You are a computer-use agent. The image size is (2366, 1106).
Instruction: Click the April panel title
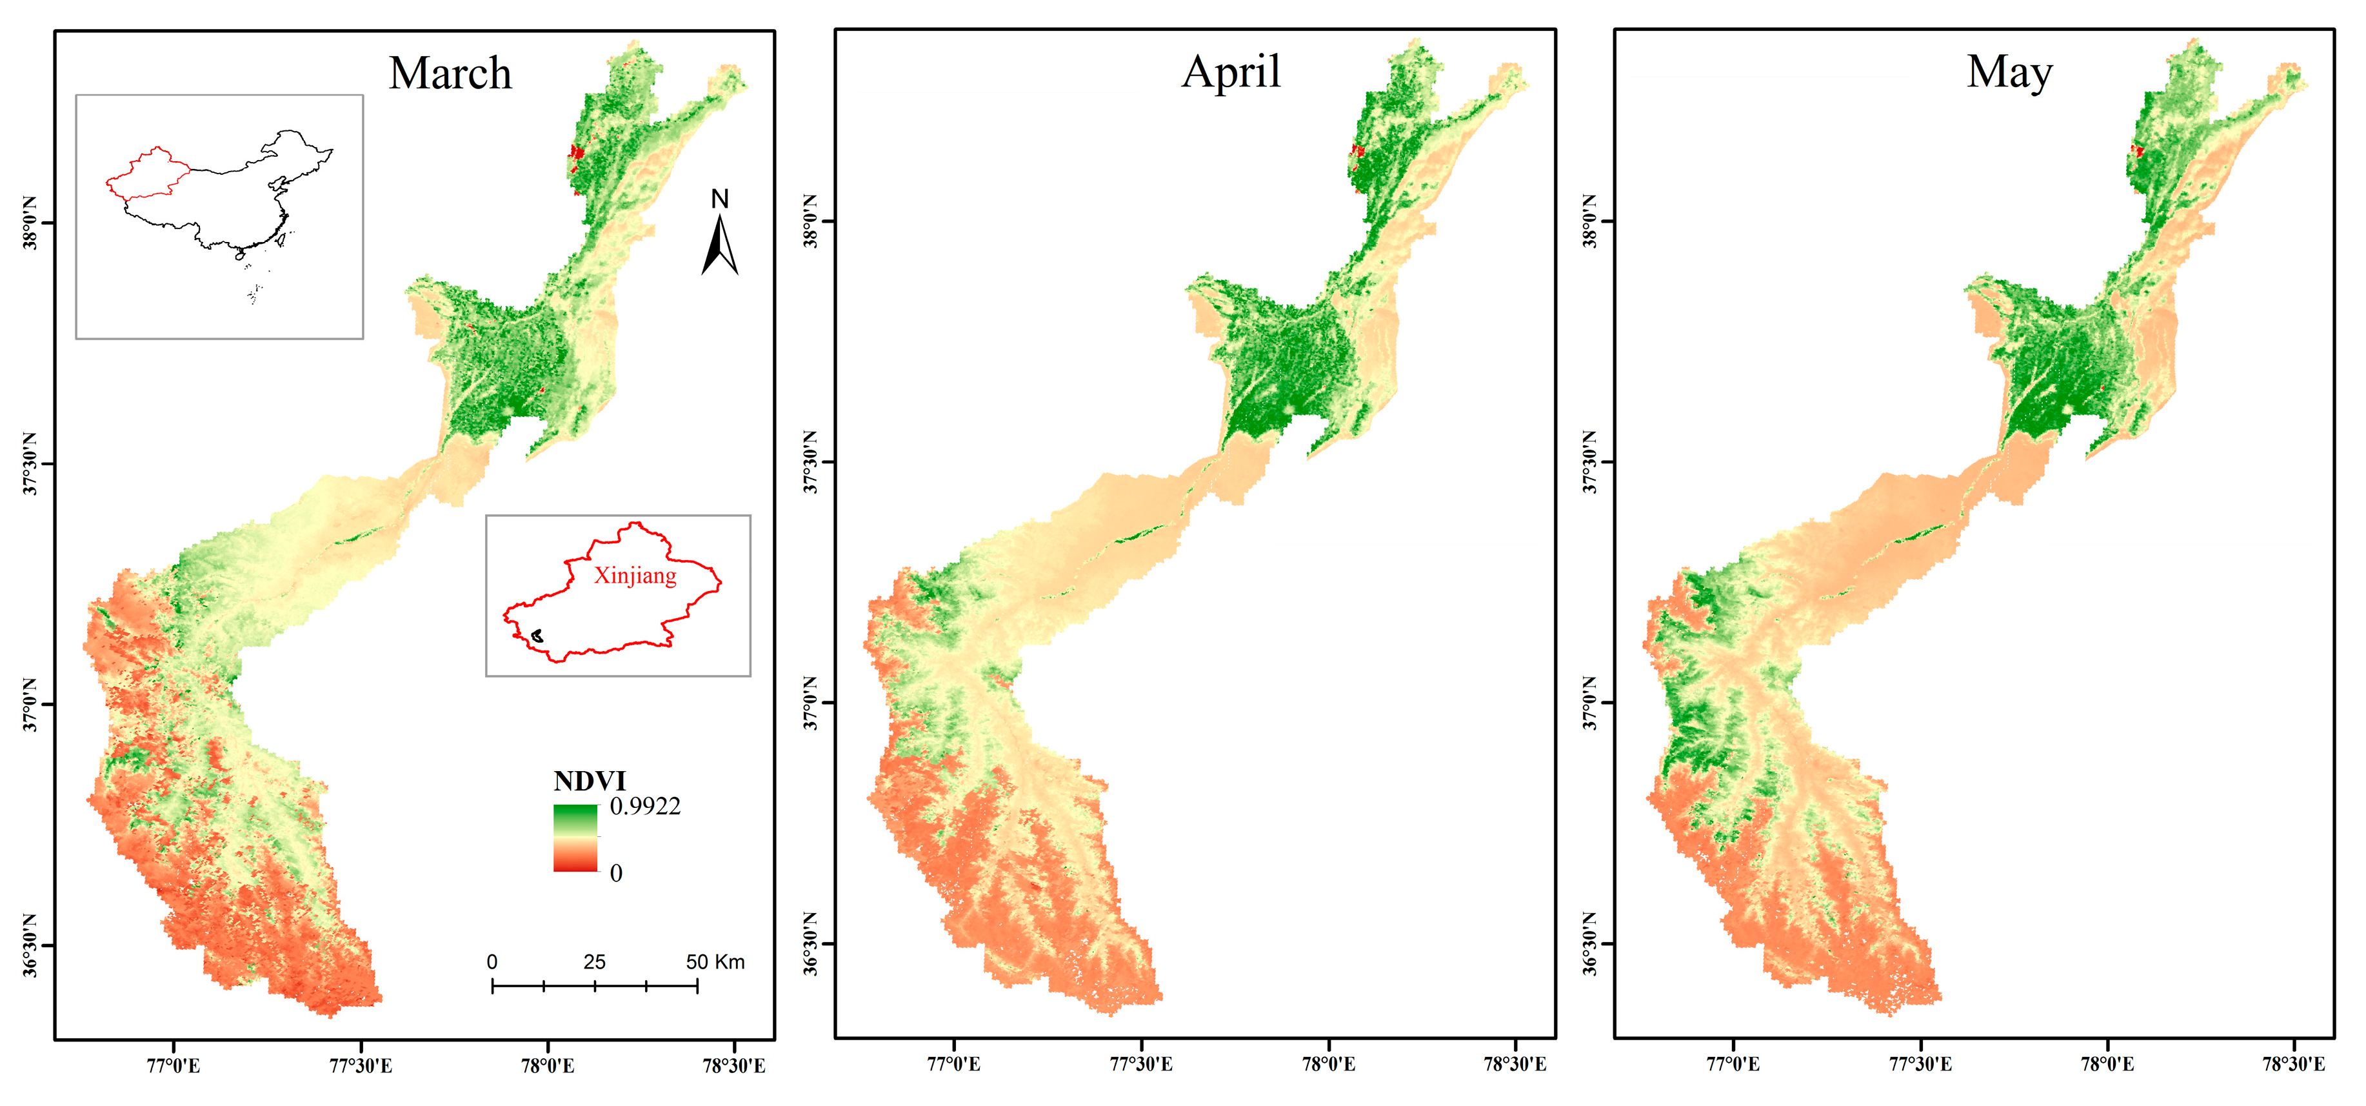[1230, 72]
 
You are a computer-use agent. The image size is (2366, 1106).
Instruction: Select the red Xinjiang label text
[635, 576]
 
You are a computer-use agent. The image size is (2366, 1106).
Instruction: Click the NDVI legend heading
[589, 781]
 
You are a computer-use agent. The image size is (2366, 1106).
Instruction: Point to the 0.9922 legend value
[645, 807]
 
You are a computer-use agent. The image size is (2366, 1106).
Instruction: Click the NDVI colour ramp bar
[575, 838]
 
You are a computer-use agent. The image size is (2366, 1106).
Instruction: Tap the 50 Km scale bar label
[715, 961]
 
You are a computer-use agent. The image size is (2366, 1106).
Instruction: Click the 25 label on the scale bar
[594, 961]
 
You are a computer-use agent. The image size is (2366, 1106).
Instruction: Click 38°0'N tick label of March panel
[30, 223]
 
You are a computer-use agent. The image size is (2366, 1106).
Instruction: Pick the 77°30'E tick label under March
[360, 1065]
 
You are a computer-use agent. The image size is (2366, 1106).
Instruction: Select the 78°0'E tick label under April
[1328, 1064]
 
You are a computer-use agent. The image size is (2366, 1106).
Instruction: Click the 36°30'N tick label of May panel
[1590, 944]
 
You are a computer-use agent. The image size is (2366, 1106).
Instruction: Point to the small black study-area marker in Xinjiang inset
[537, 635]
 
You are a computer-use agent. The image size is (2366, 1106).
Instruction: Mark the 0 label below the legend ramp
[615, 872]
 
